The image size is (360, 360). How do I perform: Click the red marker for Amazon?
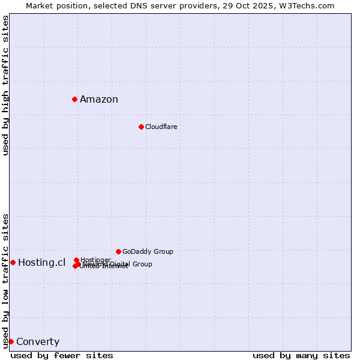click(x=74, y=99)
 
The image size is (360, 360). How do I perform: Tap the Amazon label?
click(x=99, y=100)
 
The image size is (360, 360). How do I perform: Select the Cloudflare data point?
click(x=141, y=127)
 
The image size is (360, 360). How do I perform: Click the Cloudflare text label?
click(x=161, y=127)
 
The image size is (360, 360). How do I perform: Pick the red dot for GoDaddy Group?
click(x=118, y=251)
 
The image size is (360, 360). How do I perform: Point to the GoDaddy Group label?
click(x=148, y=251)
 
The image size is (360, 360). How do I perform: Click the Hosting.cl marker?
click(x=13, y=262)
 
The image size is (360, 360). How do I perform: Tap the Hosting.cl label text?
click(x=41, y=262)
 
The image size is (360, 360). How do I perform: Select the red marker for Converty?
click(x=11, y=341)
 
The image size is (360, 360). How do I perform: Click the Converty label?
click(x=38, y=342)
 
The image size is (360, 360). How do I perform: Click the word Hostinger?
click(x=95, y=260)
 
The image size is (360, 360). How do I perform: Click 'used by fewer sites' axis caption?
click(x=62, y=355)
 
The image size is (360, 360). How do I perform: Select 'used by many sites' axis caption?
click(x=301, y=355)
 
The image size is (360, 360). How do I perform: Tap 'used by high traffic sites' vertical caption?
click(x=5, y=85)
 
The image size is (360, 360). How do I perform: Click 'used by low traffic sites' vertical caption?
click(x=5, y=280)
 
